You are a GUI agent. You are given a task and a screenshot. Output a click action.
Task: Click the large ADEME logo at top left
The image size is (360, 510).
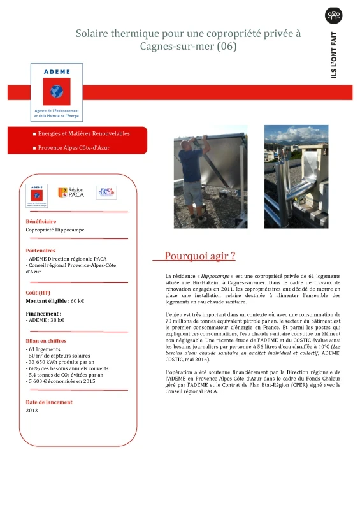(x=57, y=92)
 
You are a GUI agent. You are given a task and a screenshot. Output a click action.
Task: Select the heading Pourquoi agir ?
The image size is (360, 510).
(x=200, y=256)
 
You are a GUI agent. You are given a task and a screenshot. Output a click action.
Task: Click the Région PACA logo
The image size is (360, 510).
(x=71, y=193)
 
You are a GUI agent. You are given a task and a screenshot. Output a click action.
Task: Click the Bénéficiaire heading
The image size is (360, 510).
(x=41, y=221)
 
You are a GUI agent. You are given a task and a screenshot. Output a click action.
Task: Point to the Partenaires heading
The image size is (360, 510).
(x=40, y=251)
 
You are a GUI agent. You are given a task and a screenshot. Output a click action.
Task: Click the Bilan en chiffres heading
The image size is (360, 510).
(x=47, y=342)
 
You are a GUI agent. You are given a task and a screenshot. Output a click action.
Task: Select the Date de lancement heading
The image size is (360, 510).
(x=49, y=402)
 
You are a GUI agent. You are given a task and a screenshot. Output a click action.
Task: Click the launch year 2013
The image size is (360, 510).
(x=32, y=411)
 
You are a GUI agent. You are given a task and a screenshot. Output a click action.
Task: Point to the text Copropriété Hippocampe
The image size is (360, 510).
(x=55, y=229)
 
